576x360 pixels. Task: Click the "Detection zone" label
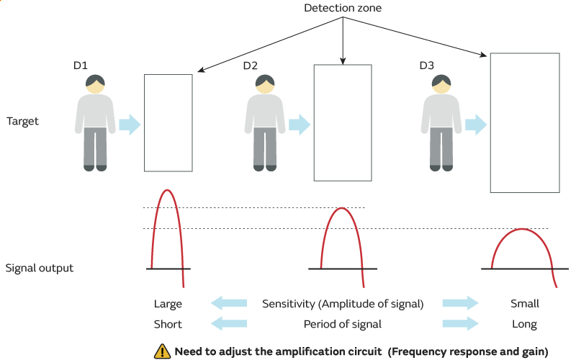pos(343,8)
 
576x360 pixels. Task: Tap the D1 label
pos(80,66)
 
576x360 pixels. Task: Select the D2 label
pos(250,66)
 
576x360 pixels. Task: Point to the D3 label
pos(426,66)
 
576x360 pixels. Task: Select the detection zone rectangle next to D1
pos(168,122)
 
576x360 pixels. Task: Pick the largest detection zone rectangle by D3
pos(524,122)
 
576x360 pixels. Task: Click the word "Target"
pos(22,121)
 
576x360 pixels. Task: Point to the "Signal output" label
pos(39,268)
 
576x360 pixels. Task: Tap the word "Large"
pos(168,304)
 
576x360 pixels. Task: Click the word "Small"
pos(524,304)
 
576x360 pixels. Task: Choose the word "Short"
pos(168,324)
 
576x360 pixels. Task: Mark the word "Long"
pos(524,324)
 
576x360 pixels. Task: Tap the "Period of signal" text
pos(343,324)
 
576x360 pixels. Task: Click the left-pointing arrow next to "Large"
pos(228,304)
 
